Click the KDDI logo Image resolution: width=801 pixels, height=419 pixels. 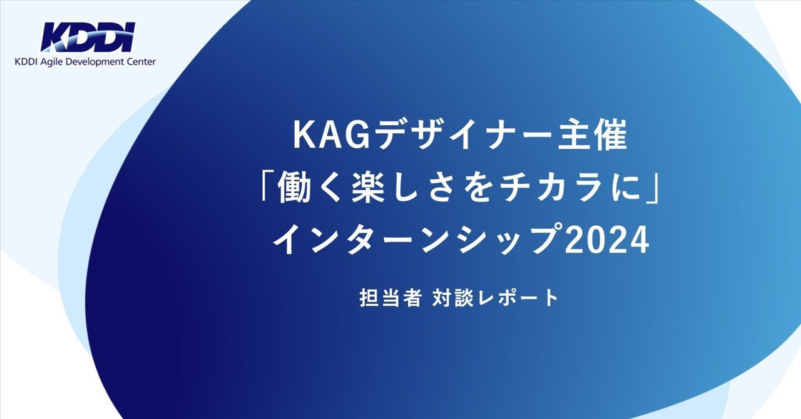click(87, 37)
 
